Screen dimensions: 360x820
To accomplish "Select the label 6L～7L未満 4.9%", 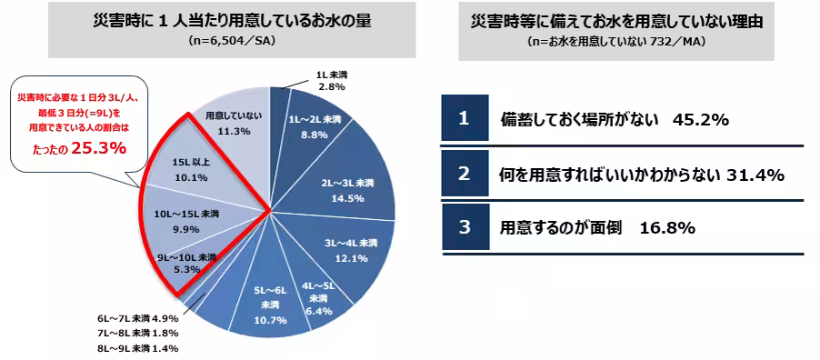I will (137, 319).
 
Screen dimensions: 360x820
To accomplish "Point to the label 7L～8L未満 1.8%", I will (137, 334).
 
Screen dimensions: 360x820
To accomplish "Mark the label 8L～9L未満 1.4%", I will (137, 348).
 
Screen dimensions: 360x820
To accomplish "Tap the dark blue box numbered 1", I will (464, 119).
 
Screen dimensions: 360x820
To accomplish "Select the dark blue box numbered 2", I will (464, 173).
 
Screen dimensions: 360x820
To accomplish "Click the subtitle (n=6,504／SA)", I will (230, 41).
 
